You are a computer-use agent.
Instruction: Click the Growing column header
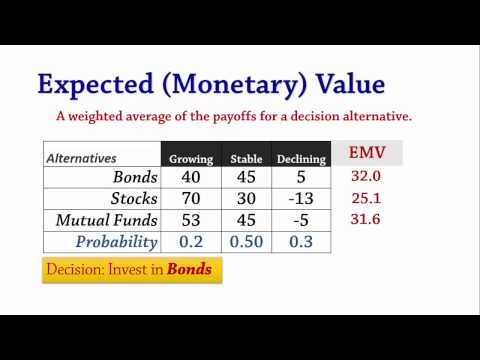[x=191, y=158]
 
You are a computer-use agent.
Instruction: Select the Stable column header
[x=246, y=158]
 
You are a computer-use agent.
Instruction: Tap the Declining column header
[x=300, y=158]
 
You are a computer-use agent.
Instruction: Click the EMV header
[x=367, y=152]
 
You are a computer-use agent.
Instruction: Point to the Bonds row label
[x=133, y=177]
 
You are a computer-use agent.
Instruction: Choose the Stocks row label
[x=130, y=198]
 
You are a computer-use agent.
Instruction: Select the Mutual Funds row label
[x=108, y=220]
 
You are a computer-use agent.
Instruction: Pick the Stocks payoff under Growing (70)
[x=191, y=198]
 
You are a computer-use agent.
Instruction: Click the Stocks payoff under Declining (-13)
[x=300, y=198]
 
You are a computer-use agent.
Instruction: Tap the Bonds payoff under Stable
[x=246, y=177]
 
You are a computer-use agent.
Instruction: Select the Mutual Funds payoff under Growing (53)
[x=191, y=220]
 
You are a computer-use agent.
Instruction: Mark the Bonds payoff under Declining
[x=300, y=177]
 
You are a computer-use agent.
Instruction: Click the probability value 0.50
[x=246, y=242]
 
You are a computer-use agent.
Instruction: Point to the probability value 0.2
[x=191, y=242]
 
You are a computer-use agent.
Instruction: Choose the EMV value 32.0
[x=367, y=176]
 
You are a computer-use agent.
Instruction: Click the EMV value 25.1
[x=367, y=198]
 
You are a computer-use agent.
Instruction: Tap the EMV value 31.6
[x=367, y=220]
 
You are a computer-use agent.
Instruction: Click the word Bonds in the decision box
[x=188, y=270]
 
